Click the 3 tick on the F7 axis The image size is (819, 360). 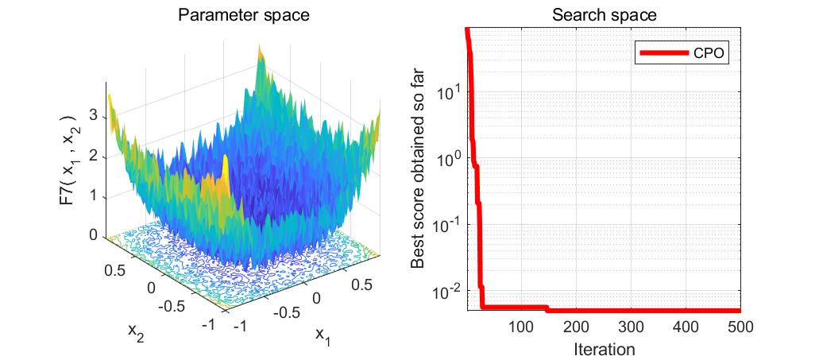(93, 117)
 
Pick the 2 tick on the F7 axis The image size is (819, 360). (93, 157)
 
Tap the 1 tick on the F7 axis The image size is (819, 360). (93, 196)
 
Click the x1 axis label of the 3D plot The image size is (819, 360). (322, 335)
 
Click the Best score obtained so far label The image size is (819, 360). (421, 168)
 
